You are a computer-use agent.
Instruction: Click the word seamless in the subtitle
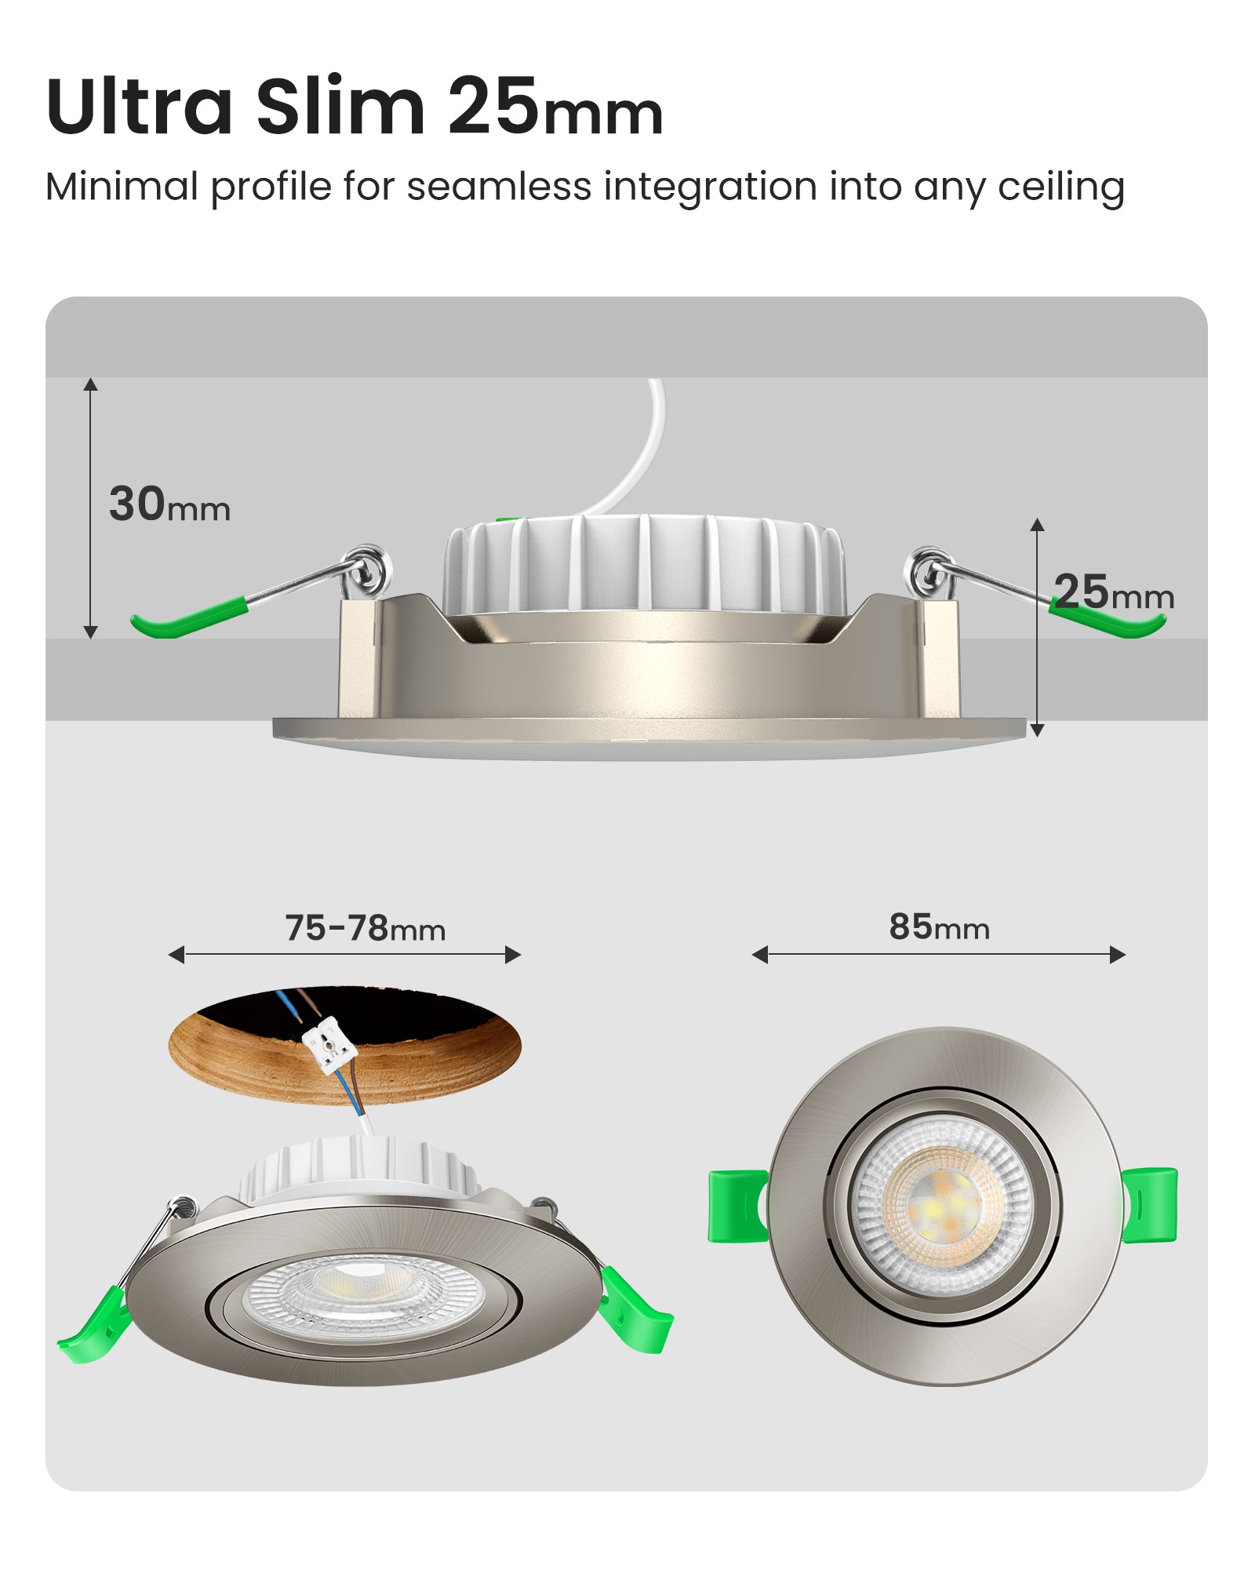point(499,187)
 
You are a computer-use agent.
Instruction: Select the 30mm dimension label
point(169,504)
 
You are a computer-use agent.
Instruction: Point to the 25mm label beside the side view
point(1113,592)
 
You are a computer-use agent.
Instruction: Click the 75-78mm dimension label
point(365,928)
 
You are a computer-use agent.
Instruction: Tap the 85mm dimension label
point(939,927)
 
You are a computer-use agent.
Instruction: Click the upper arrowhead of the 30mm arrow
point(91,384)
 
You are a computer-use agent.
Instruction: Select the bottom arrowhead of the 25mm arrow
point(1037,730)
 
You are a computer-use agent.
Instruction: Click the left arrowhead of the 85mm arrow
point(758,955)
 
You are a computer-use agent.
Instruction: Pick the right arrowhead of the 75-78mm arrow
point(514,955)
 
